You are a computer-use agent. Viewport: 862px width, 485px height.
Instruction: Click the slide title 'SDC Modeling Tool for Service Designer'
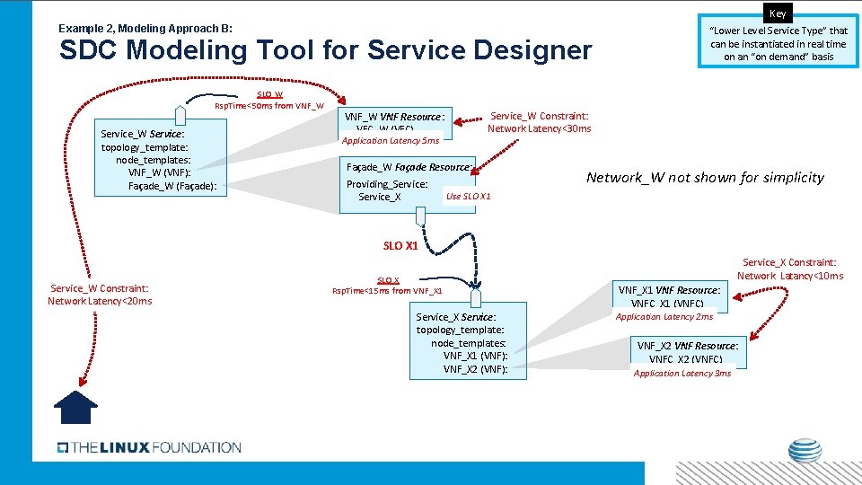pyautogui.click(x=325, y=50)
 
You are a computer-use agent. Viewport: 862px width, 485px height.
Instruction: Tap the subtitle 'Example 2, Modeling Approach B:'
pyautogui.click(x=145, y=29)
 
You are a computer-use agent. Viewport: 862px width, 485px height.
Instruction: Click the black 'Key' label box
pyautogui.click(x=778, y=13)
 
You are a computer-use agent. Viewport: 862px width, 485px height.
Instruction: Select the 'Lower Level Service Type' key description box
pyautogui.click(x=778, y=43)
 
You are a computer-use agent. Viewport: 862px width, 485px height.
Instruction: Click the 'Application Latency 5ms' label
pyautogui.click(x=390, y=140)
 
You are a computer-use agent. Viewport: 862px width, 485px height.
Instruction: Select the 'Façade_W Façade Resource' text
pyautogui.click(x=409, y=167)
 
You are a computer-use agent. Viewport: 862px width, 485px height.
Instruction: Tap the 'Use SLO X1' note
pyautogui.click(x=468, y=196)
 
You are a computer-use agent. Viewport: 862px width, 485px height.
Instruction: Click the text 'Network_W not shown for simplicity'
pyautogui.click(x=705, y=177)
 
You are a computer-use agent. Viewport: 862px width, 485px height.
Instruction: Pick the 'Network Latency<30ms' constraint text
pyautogui.click(x=539, y=128)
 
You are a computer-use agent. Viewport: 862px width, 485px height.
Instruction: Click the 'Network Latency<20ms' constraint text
pyautogui.click(x=100, y=301)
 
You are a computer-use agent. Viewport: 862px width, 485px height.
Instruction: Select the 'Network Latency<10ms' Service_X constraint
pyautogui.click(x=790, y=276)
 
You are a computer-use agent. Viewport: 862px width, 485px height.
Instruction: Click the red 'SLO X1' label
pyautogui.click(x=400, y=245)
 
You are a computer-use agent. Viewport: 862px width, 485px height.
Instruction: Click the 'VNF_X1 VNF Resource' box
pyautogui.click(x=669, y=295)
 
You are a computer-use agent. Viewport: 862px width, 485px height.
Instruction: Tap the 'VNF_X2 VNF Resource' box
pyautogui.click(x=688, y=352)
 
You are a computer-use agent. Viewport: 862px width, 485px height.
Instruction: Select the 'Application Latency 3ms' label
pyautogui.click(x=682, y=374)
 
